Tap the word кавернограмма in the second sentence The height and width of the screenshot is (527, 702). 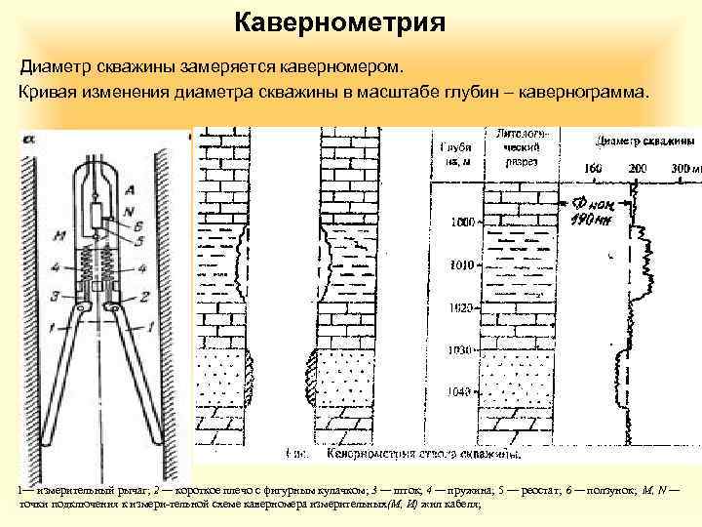[576, 94]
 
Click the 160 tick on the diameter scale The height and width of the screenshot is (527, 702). [593, 168]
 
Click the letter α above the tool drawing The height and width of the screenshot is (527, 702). [27, 140]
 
